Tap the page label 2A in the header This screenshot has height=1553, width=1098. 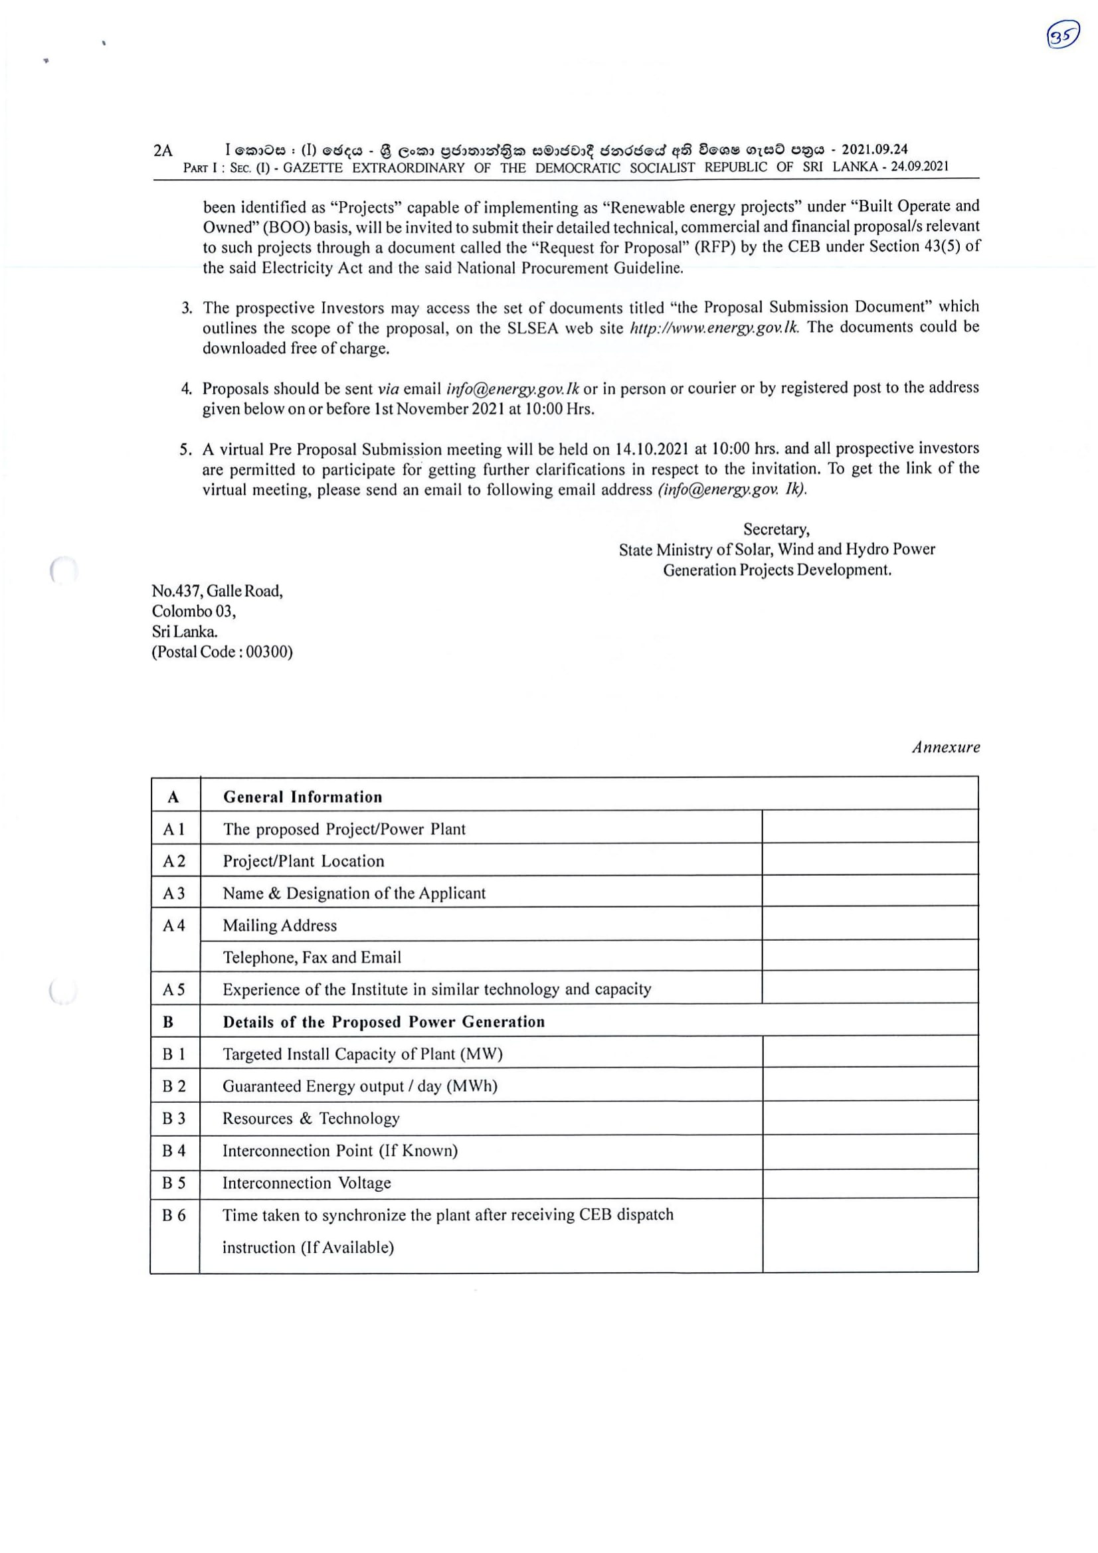click(163, 150)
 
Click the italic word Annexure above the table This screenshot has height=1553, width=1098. click(945, 748)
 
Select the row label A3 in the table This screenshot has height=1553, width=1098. click(174, 893)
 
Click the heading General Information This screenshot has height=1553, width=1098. click(302, 797)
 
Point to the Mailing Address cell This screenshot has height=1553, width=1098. click(280, 926)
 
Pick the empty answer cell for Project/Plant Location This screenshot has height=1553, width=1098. click(869, 860)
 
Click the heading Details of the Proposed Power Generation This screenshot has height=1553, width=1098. click(383, 1021)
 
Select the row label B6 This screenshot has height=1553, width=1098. click(174, 1216)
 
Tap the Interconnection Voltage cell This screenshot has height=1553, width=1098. click(306, 1183)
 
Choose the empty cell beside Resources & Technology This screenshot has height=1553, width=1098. click(869, 1118)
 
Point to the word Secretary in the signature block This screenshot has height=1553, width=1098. click(776, 529)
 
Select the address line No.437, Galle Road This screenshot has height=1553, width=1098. click(217, 591)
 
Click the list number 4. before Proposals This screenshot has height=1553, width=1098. click(187, 389)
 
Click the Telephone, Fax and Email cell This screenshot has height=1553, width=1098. click(312, 957)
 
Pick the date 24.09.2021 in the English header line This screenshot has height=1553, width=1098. click(919, 167)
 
